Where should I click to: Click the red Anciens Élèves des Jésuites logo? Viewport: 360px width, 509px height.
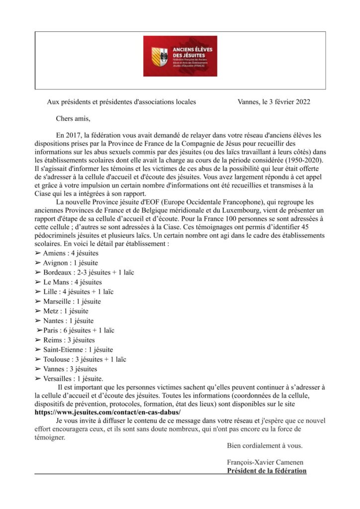point(180,56)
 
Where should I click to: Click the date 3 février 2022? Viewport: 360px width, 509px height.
point(285,102)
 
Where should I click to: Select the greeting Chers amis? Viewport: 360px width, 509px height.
point(73,119)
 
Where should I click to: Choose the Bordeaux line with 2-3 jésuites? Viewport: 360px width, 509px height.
point(88,272)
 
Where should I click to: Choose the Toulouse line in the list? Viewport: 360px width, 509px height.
point(79,359)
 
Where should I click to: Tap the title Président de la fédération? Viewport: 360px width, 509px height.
point(267,471)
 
